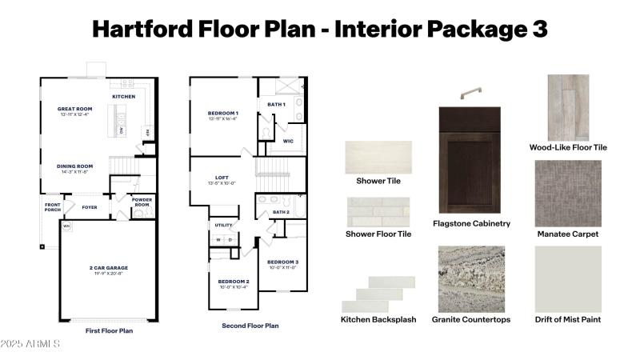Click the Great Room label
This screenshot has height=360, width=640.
75,109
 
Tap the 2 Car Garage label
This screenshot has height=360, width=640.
108,268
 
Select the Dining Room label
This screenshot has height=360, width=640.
75,166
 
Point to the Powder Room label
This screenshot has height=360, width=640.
142,202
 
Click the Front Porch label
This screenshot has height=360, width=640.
52,207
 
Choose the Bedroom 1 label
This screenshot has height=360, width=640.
223,113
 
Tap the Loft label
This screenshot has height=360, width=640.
222,178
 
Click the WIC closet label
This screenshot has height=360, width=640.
288,141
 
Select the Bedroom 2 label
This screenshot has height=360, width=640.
234,282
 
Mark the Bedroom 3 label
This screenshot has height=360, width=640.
282,262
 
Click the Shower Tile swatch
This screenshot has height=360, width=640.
378,158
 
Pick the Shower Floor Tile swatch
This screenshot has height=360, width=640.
378,212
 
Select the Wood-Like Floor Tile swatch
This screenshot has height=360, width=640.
567,107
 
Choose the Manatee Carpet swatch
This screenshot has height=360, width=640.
568,192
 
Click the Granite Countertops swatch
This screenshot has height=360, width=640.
471,278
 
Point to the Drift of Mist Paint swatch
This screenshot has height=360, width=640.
568,278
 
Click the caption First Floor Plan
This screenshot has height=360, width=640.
109,330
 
